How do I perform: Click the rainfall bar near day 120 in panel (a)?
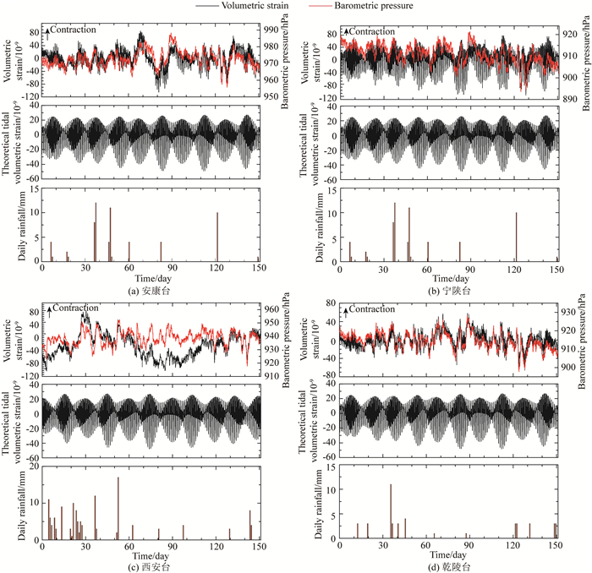(x=217, y=237)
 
